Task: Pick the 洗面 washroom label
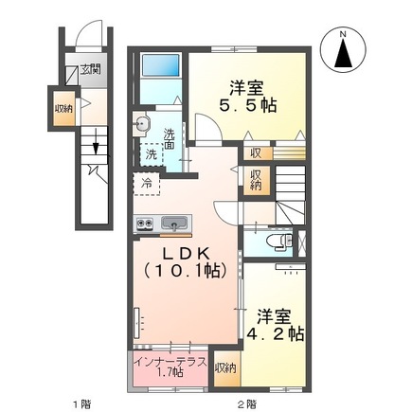point(168,138)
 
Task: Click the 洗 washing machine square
point(151,154)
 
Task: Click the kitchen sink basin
point(175,224)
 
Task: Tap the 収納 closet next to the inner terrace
point(225,367)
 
